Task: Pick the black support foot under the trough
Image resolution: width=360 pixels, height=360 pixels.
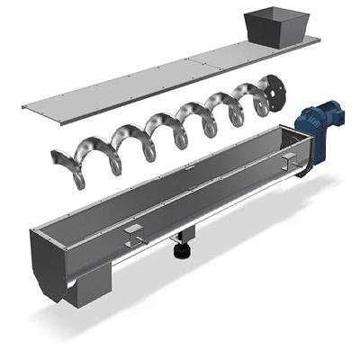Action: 184,248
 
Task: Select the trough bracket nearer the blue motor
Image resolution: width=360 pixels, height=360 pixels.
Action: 288,162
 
